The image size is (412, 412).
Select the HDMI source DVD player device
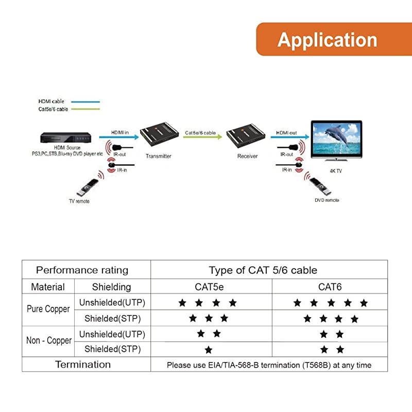pos(65,138)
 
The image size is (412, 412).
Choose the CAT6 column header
pos(330,287)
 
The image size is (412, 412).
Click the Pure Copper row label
pos(48,310)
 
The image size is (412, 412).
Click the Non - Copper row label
pos(48,341)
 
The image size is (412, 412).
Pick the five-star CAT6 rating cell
pos(330,303)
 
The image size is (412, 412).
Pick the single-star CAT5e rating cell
pos(208,350)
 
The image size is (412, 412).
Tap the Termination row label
pos(83,365)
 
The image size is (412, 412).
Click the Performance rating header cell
pos(82,270)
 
